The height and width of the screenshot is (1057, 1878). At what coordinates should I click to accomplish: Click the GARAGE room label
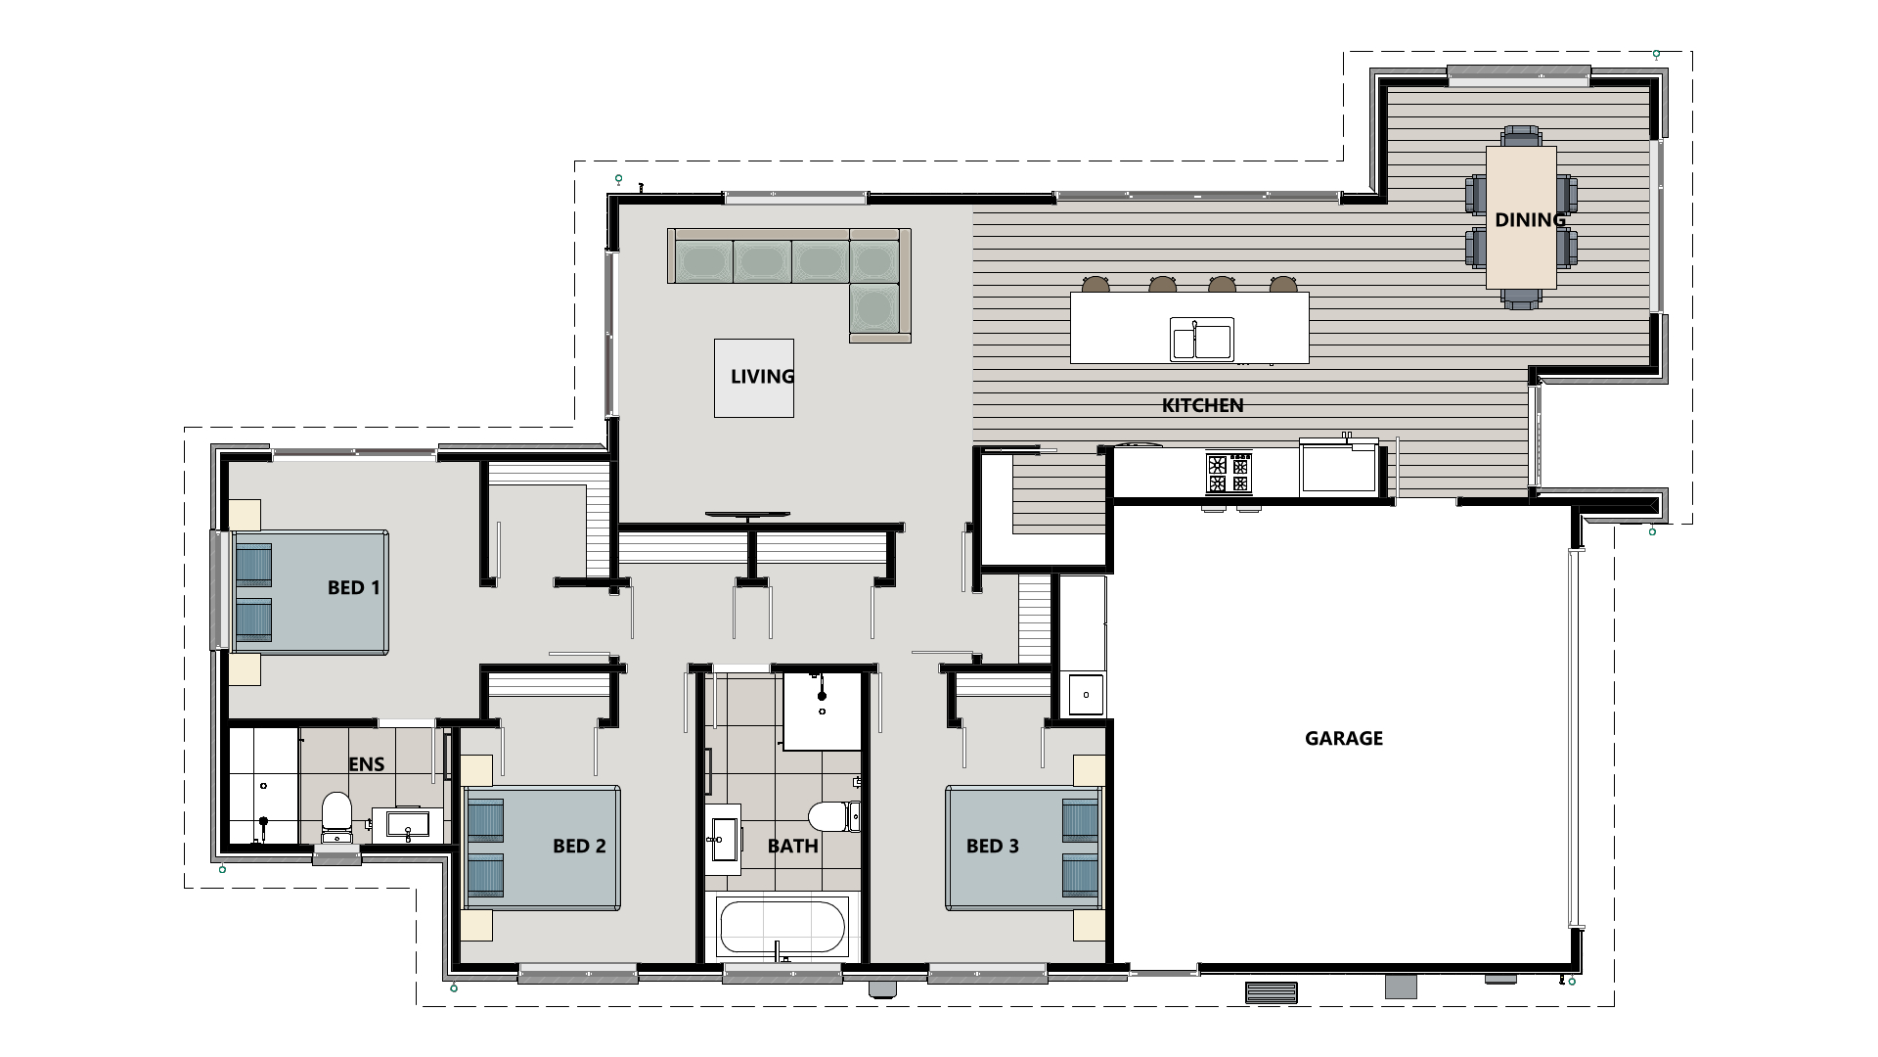click(1344, 738)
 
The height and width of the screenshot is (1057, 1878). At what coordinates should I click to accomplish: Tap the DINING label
click(1530, 219)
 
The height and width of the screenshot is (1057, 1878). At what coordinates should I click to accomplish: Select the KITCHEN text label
click(1202, 405)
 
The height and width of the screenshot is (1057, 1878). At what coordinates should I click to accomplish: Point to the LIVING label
click(762, 376)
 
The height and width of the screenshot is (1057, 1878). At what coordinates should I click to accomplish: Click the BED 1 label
click(353, 587)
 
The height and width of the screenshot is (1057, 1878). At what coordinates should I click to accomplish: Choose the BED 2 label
click(579, 846)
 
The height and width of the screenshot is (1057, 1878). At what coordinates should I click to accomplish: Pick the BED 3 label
click(993, 846)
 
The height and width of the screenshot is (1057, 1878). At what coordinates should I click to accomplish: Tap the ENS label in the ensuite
click(367, 764)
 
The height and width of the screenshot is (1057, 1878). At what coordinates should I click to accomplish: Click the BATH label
click(792, 846)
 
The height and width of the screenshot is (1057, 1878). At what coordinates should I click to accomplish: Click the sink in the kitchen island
click(1202, 340)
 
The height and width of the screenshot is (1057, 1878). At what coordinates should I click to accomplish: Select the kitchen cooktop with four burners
click(1229, 473)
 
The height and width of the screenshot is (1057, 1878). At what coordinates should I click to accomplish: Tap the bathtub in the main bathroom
click(782, 927)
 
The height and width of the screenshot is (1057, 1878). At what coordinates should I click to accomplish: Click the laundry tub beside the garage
click(1086, 694)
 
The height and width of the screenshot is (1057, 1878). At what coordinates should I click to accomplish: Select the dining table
click(1521, 217)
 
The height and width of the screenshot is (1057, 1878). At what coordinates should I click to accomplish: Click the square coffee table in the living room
click(753, 378)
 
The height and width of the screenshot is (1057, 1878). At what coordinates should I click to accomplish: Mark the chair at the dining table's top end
click(1521, 135)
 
